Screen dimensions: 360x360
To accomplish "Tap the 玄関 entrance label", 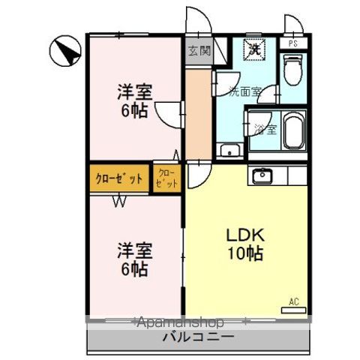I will (199, 52).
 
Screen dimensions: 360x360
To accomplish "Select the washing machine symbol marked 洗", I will (255, 49).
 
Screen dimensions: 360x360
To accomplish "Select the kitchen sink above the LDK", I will (262, 176).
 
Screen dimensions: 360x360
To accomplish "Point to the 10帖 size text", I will (245, 253).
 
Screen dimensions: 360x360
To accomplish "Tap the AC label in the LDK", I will (293, 302).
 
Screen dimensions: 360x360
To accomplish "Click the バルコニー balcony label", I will (199, 337).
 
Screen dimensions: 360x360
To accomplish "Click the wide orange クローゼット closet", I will (119, 178).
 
